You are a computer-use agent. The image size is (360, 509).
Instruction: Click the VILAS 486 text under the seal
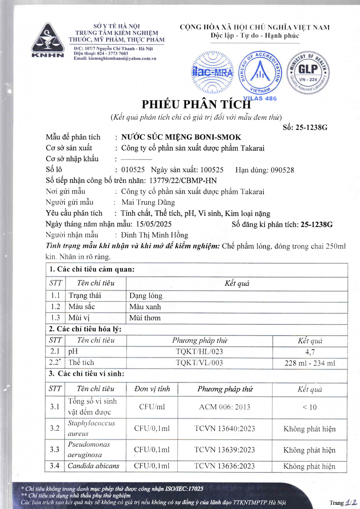[x=260, y=98]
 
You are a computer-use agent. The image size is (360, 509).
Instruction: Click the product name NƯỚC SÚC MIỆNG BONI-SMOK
[x=181, y=137]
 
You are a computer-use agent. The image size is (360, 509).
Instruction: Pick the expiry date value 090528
[x=280, y=170]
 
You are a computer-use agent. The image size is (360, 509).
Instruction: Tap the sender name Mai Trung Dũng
[x=148, y=202]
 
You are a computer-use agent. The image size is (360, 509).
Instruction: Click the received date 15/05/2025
[x=155, y=224]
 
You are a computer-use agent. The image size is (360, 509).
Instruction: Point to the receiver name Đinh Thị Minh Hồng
[x=154, y=235]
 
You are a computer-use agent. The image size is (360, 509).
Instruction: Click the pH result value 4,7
[x=310, y=351]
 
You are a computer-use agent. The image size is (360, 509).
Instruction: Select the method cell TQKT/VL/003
[x=199, y=363]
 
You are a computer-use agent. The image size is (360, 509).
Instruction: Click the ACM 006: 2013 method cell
[x=224, y=407]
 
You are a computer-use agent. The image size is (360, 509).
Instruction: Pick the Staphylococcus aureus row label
[x=91, y=428]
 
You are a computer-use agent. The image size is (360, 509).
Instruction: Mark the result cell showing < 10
[x=310, y=407]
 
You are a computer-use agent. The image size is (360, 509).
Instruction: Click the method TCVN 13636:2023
[x=224, y=466]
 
